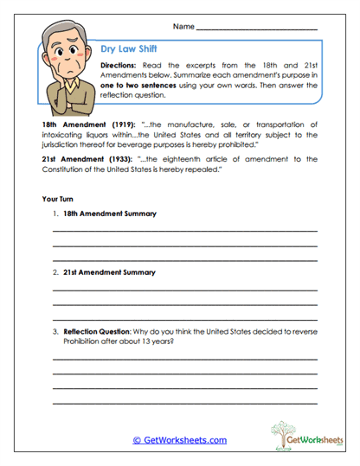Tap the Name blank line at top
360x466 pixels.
click(x=256, y=29)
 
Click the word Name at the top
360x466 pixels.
click(x=183, y=26)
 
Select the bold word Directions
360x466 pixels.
click(x=119, y=66)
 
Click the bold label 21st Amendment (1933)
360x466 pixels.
click(x=80, y=160)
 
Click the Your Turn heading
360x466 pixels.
click(x=59, y=199)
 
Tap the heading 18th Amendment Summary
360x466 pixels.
click(x=110, y=214)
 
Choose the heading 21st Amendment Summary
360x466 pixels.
click(x=110, y=271)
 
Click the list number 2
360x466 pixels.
click(x=55, y=271)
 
